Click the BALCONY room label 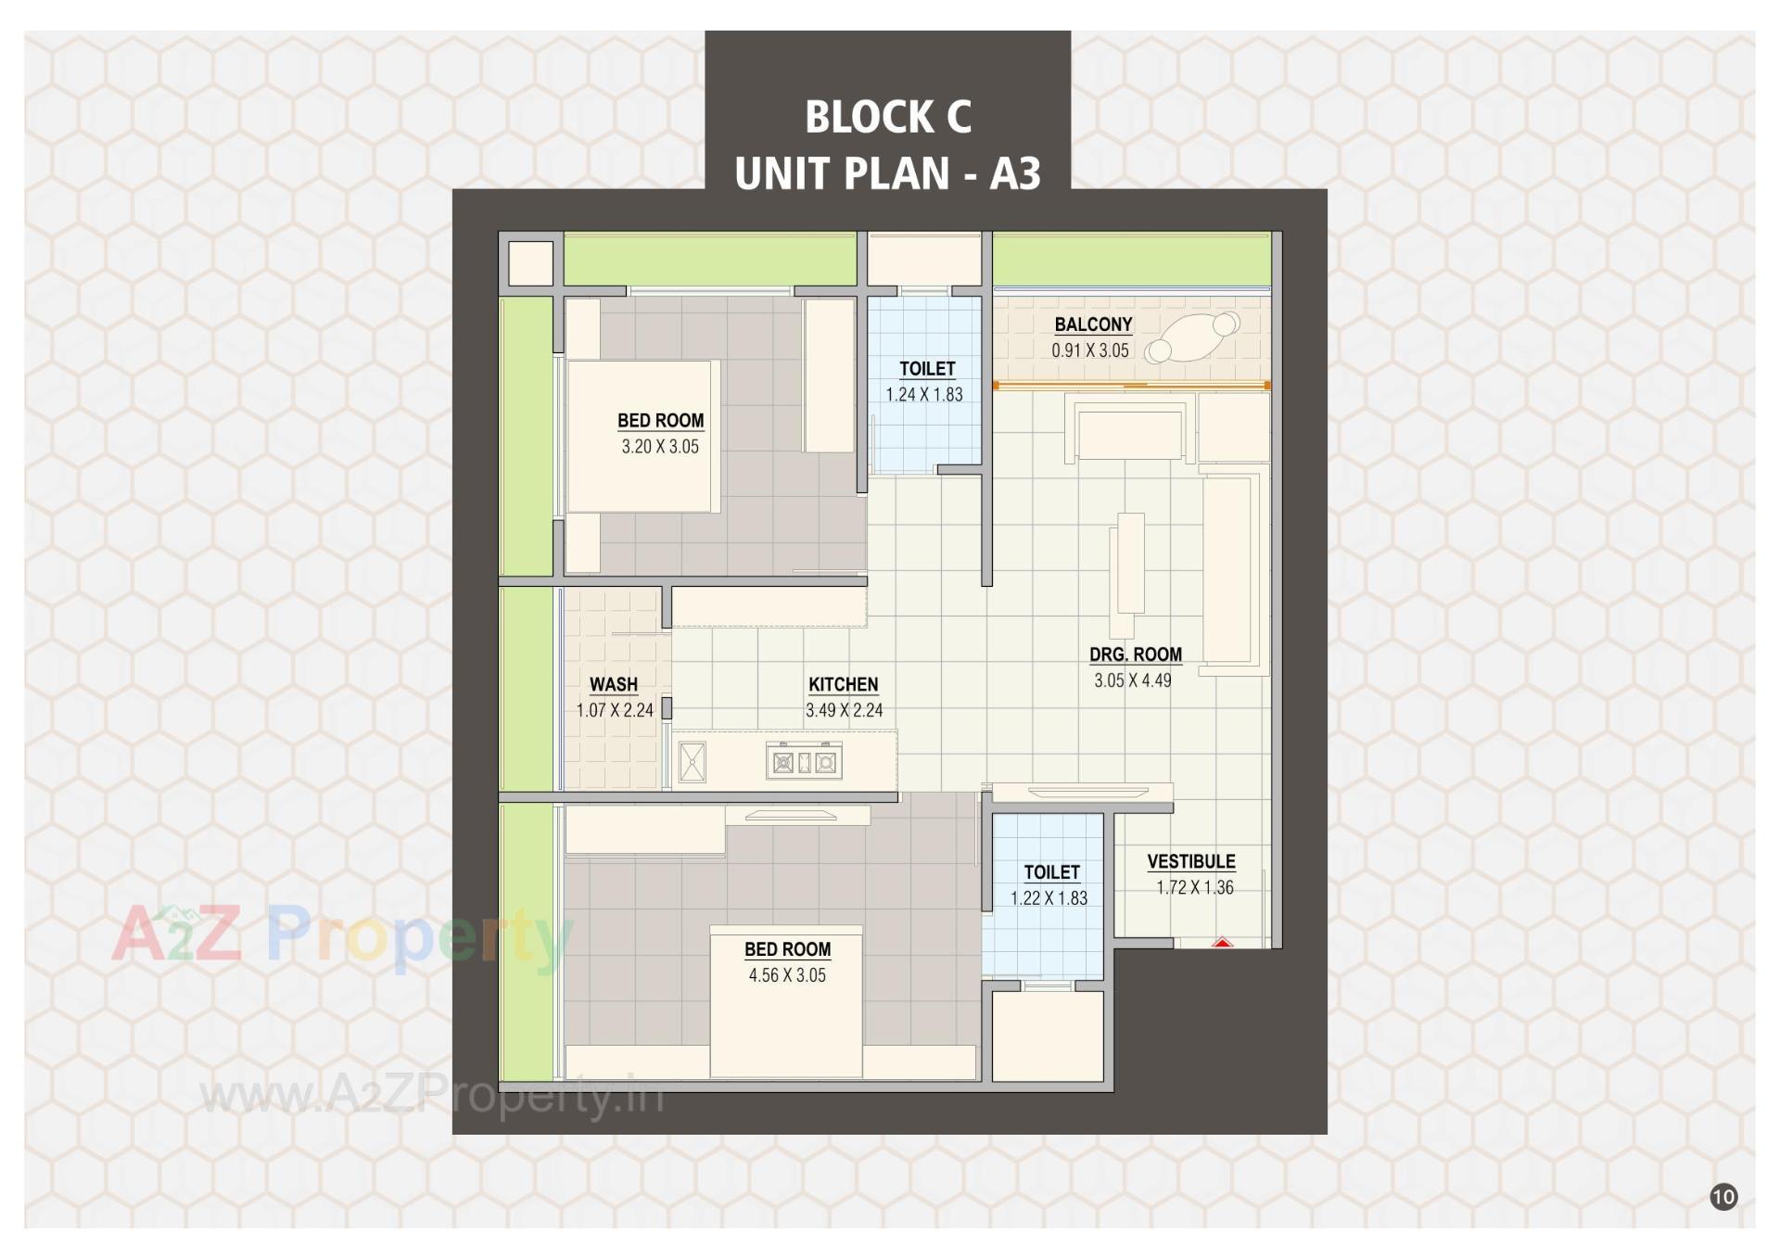[1093, 324]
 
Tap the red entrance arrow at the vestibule [1222, 943]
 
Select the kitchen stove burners [804, 763]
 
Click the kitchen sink [693, 763]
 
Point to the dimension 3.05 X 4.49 [1132, 680]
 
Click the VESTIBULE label [1191, 862]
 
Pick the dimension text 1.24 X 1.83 [924, 395]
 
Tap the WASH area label [614, 685]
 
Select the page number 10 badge [1723, 1197]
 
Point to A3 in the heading [1015, 173]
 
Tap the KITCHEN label [843, 685]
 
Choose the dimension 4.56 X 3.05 [787, 975]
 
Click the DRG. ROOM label [1136, 654]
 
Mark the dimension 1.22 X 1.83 [1049, 898]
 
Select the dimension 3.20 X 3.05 [660, 447]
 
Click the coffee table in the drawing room [1131, 562]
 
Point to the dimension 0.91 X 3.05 [1090, 350]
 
